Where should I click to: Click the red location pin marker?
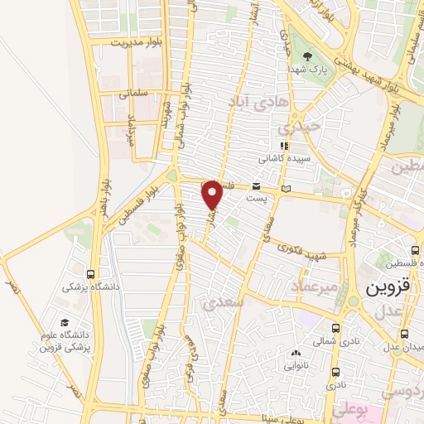coord(212,195)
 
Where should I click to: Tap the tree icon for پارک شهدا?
coord(307,57)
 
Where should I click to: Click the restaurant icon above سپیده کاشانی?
coord(286,146)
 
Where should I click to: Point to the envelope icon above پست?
coord(257,187)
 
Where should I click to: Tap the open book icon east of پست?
coord(286,190)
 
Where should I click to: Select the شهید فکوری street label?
coord(305,248)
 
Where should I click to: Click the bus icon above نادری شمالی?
coord(335,328)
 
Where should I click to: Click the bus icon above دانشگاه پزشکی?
coord(90,274)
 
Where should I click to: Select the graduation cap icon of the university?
coord(64,324)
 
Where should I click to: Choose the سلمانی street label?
coord(132,94)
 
